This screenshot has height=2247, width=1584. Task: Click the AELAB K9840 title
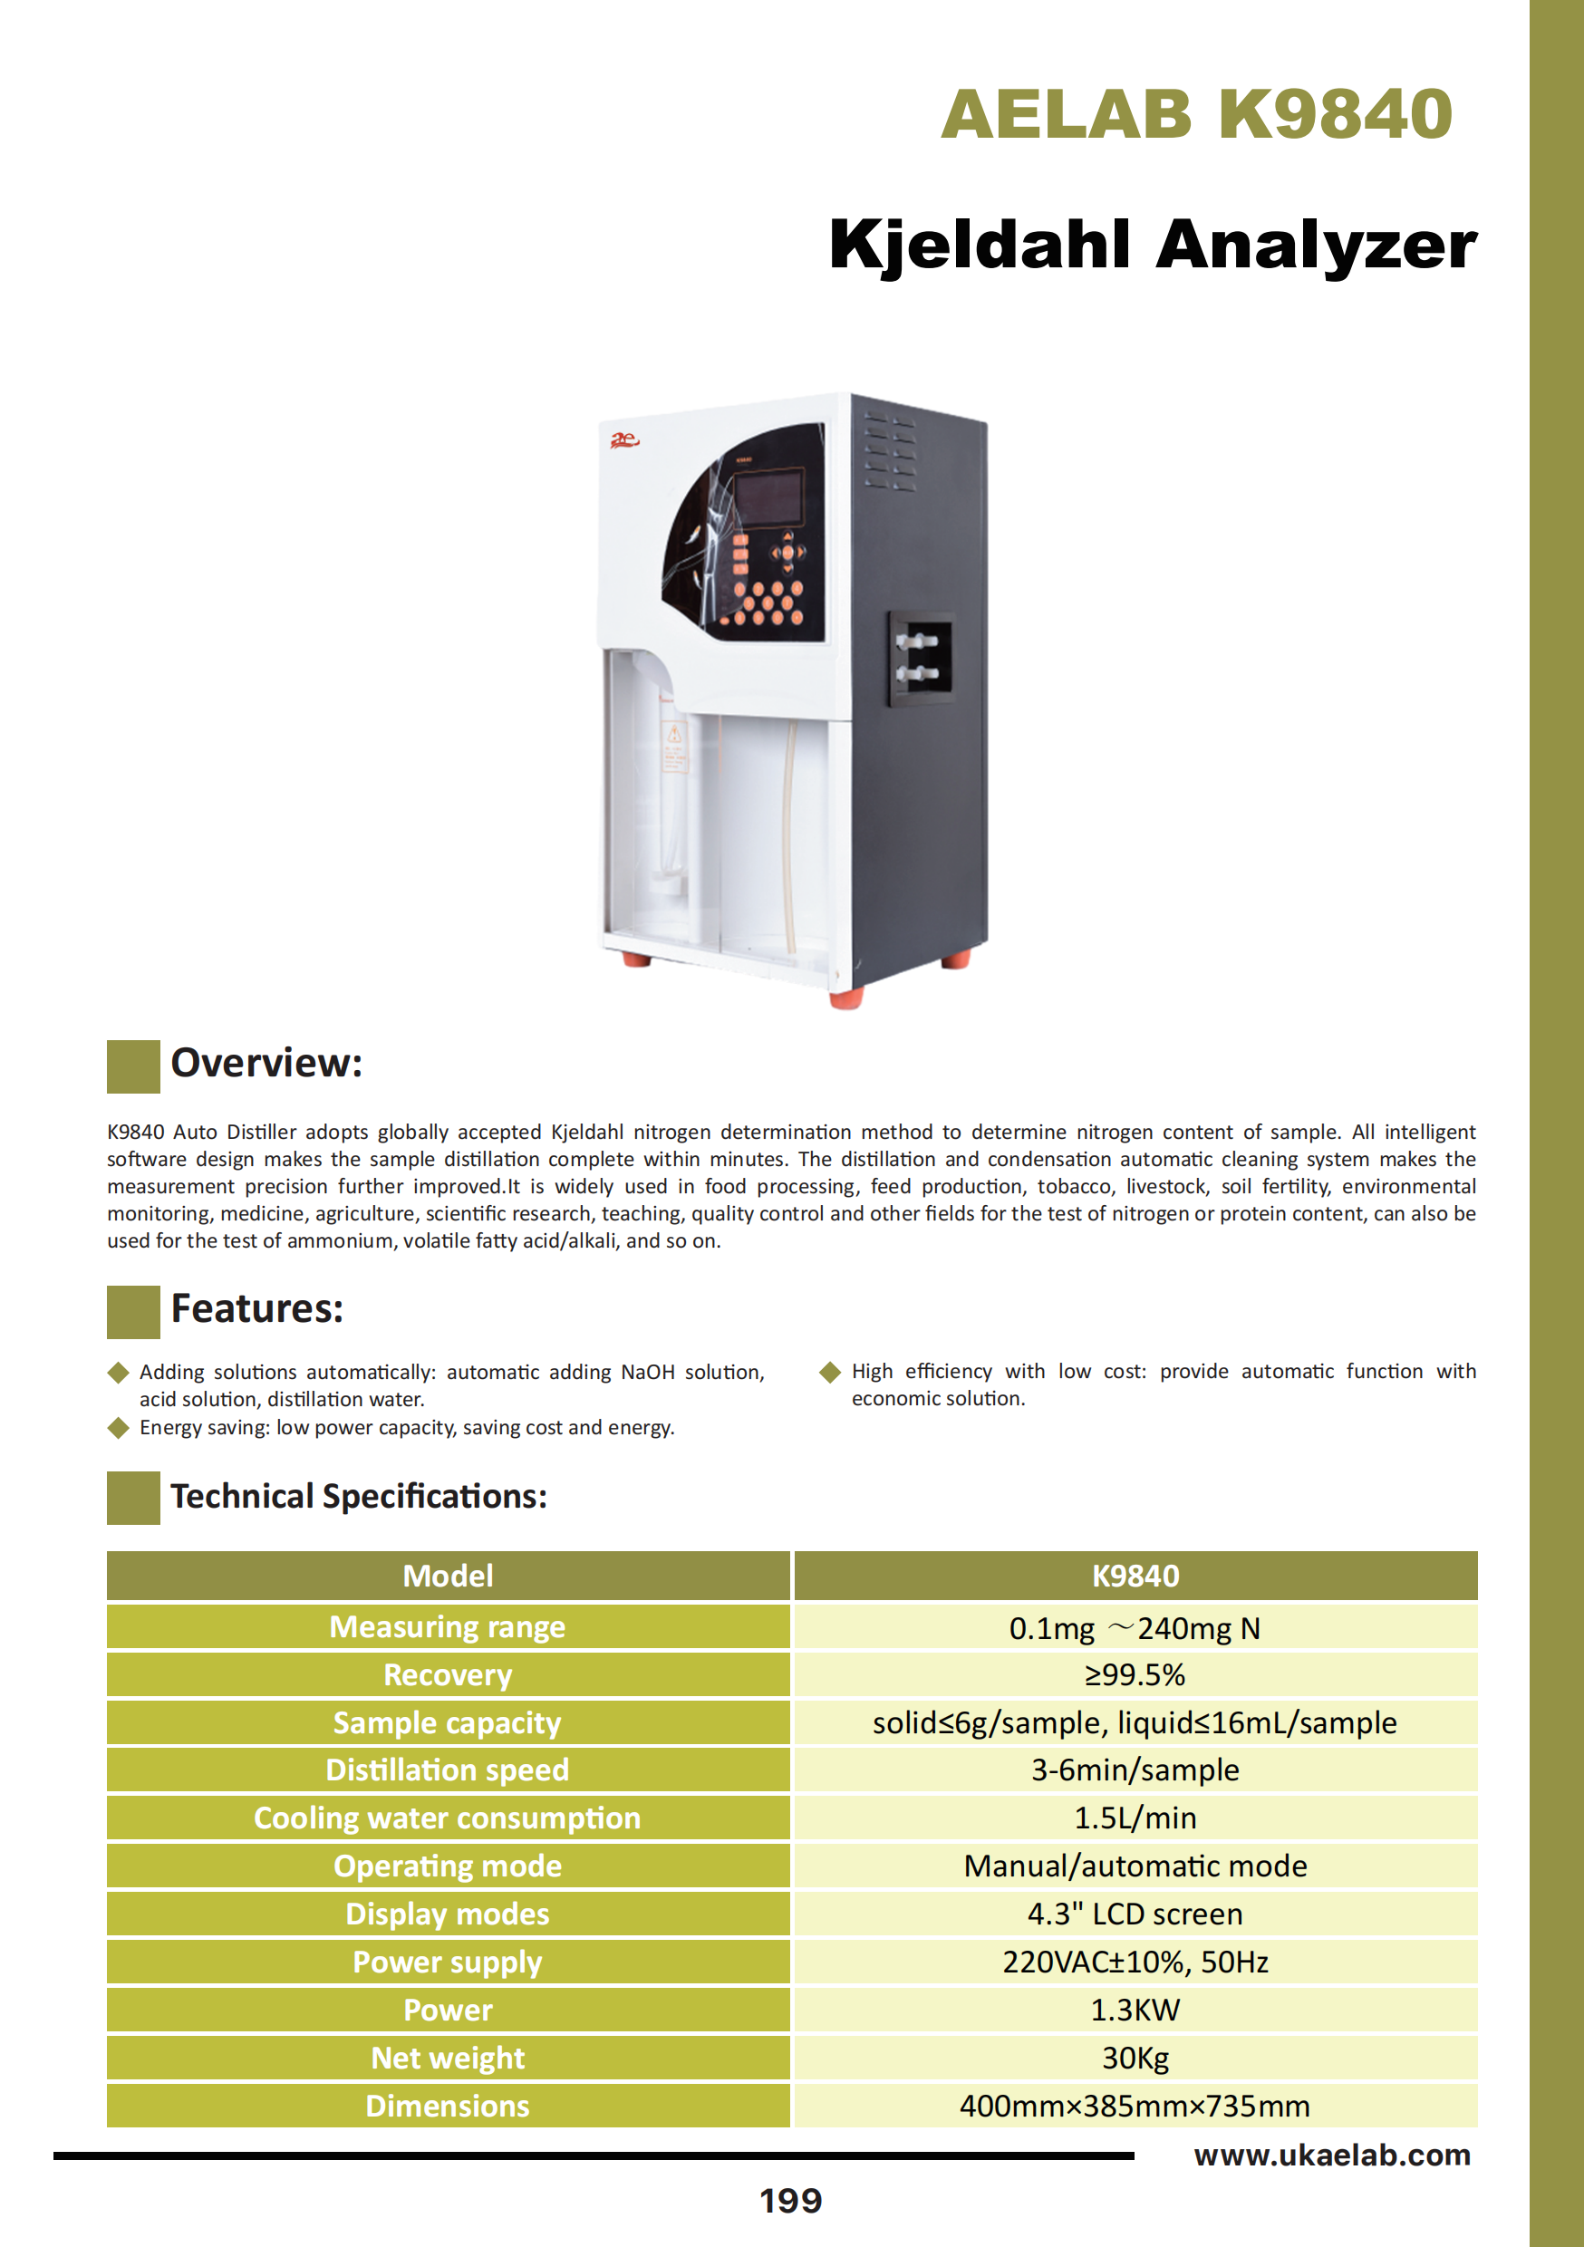(x=1195, y=114)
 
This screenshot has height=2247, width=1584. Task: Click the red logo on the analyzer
(x=623, y=440)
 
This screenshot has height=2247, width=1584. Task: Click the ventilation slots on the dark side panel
(x=890, y=452)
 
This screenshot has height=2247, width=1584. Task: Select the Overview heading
(x=266, y=1063)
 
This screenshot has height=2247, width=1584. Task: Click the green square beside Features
(x=133, y=1311)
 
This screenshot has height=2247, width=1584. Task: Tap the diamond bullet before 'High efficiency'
(x=830, y=1372)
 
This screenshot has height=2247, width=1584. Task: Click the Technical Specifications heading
(x=358, y=1497)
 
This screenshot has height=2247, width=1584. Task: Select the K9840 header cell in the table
(x=1135, y=1576)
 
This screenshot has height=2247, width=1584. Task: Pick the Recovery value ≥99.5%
(x=1135, y=1674)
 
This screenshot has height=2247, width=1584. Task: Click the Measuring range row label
(x=448, y=1626)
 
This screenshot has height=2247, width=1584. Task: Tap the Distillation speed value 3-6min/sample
(x=1135, y=1770)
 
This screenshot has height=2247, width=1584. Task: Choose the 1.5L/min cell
(x=1135, y=1818)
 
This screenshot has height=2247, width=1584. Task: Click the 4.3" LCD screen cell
(x=1135, y=1914)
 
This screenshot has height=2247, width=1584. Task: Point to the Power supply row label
(x=448, y=1962)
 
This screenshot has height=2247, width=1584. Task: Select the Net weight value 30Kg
(x=1135, y=2057)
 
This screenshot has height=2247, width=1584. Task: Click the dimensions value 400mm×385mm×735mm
(x=1135, y=2105)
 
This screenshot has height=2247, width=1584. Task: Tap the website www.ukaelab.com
(x=1331, y=2155)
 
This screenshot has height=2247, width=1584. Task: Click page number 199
(x=791, y=2201)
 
